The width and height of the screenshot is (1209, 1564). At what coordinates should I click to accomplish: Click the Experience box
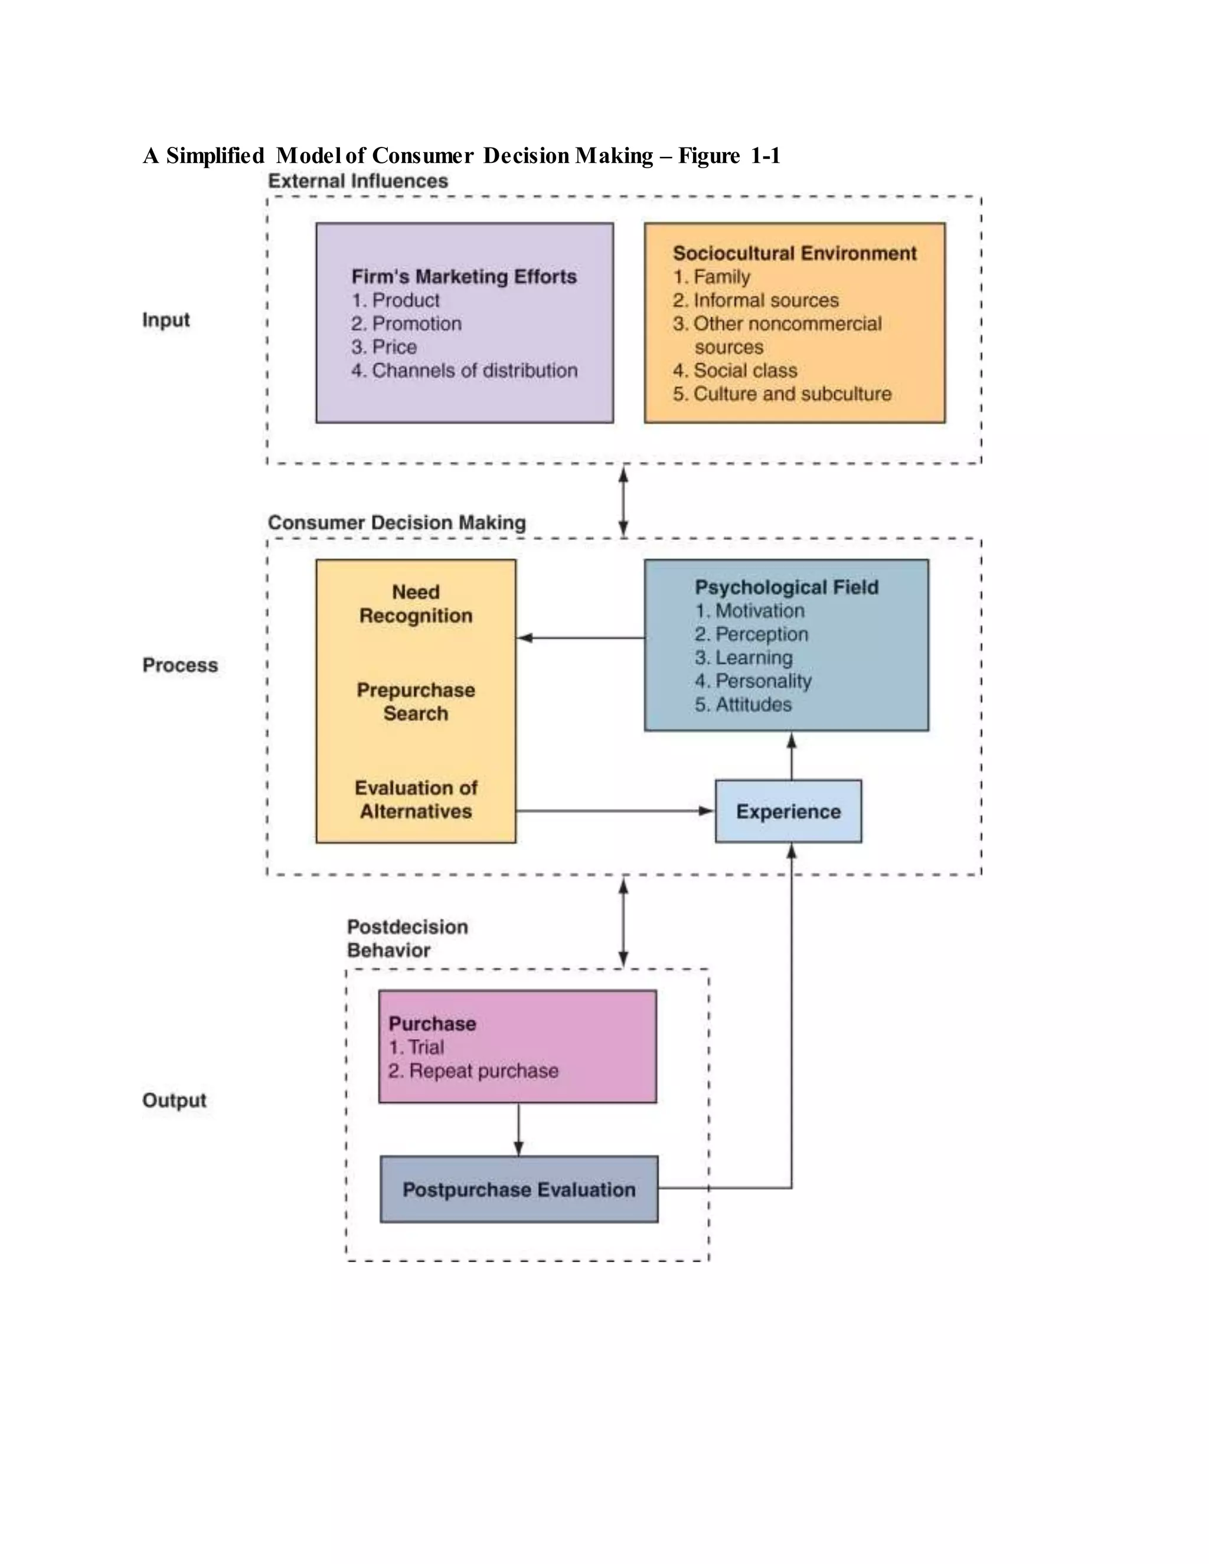click(x=788, y=812)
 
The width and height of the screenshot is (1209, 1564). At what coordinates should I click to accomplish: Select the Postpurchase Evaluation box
click(x=518, y=1189)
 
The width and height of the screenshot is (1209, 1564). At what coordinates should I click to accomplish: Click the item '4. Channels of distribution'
click(x=463, y=370)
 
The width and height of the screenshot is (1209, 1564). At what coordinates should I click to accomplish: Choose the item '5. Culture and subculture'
click(x=782, y=394)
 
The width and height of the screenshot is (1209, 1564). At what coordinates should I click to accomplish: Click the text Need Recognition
click(x=416, y=604)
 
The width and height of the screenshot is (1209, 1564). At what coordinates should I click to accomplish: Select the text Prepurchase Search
click(x=416, y=702)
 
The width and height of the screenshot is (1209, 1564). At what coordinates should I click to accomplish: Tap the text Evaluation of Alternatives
click(x=416, y=799)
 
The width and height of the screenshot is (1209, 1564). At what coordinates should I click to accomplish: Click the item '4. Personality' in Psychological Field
click(x=753, y=681)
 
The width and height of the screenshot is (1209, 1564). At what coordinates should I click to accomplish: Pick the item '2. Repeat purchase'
click(x=473, y=1071)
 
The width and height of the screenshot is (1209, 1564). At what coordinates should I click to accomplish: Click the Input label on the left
click(x=165, y=319)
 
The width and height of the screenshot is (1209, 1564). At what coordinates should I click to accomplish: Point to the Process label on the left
click(x=180, y=665)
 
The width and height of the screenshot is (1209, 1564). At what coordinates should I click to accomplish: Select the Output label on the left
click(x=174, y=1101)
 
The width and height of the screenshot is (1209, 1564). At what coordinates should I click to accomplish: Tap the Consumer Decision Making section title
click(x=397, y=523)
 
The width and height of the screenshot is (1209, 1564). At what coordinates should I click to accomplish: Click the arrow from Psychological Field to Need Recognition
click(x=580, y=637)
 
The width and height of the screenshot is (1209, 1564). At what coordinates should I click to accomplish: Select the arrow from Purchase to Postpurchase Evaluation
click(x=518, y=1128)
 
